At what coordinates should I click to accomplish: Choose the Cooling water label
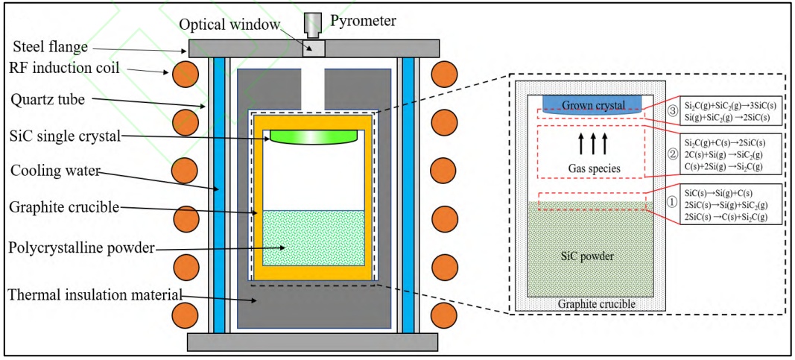pos(50,170)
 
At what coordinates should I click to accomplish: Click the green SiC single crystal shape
pos(314,136)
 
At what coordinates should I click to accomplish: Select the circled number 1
pos(671,201)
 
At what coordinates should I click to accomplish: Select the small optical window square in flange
pos(314,48)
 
